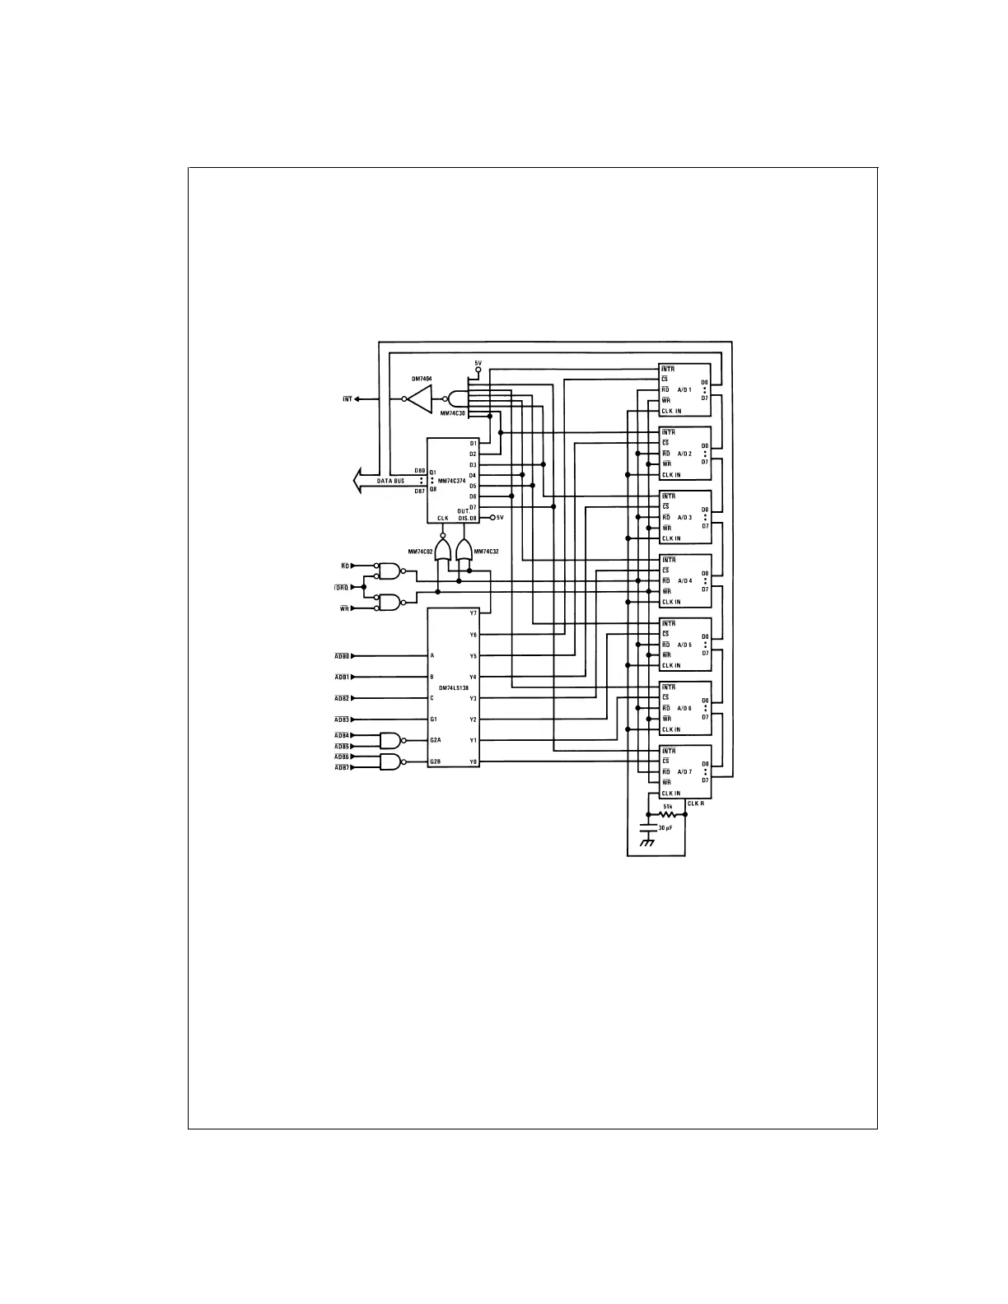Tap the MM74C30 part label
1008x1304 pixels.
click(x=452, y=413)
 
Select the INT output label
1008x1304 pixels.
click(x=347, y=399)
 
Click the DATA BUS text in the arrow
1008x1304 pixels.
click(x=390, y=481)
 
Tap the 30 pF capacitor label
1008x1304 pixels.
click(x=665, y=829)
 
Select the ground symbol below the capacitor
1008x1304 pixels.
click(x=647, y=843)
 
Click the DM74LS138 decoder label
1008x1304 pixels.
click(x=453, y=687)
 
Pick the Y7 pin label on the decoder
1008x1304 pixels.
click(x=473, y=613)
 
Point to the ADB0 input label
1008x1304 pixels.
click(x=342, y=656)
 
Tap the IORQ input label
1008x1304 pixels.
click(x=341, y=588)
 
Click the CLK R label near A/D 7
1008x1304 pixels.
click(x=696, y=803)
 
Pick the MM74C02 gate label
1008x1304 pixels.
click(x=420, y=550)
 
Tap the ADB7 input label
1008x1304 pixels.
click(x=342, y=767)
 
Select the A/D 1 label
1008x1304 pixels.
click(x=684, y=390)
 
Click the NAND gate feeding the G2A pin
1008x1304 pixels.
click(x=391, y=740)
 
